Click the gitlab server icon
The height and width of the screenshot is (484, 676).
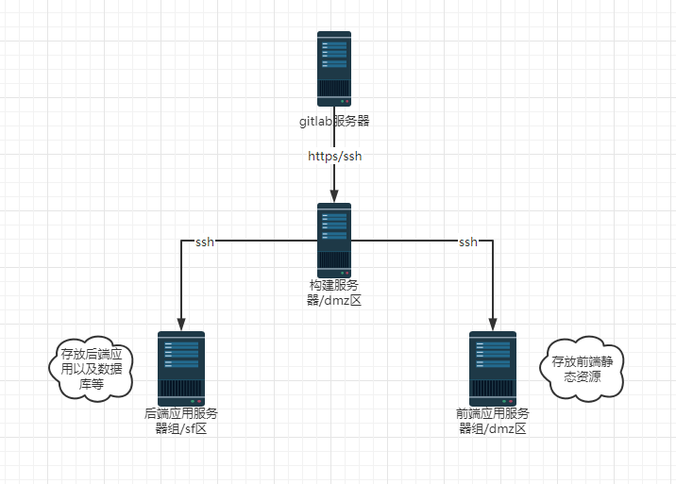pos(334,69)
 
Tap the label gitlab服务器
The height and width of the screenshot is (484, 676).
pos(334,122)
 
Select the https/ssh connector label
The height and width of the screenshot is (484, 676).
pos(334,156)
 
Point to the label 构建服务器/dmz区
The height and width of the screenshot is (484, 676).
pos(334,292)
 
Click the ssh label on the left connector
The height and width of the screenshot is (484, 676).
pos(204,242)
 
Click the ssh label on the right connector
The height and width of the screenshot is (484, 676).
pos(467,242)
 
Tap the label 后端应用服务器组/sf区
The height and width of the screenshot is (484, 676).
pos(181,421)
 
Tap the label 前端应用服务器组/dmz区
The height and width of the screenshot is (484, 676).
pos(493,421)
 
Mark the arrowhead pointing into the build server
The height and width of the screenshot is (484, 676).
pos(334,196)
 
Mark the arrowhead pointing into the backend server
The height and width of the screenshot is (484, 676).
pos(181,324)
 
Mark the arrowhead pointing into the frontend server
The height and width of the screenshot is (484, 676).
pos(493,324)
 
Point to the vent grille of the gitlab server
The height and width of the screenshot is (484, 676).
pos(334,90)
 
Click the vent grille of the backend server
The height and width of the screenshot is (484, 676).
pos(181,389)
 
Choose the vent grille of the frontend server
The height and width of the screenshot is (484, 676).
pos(493,389)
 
